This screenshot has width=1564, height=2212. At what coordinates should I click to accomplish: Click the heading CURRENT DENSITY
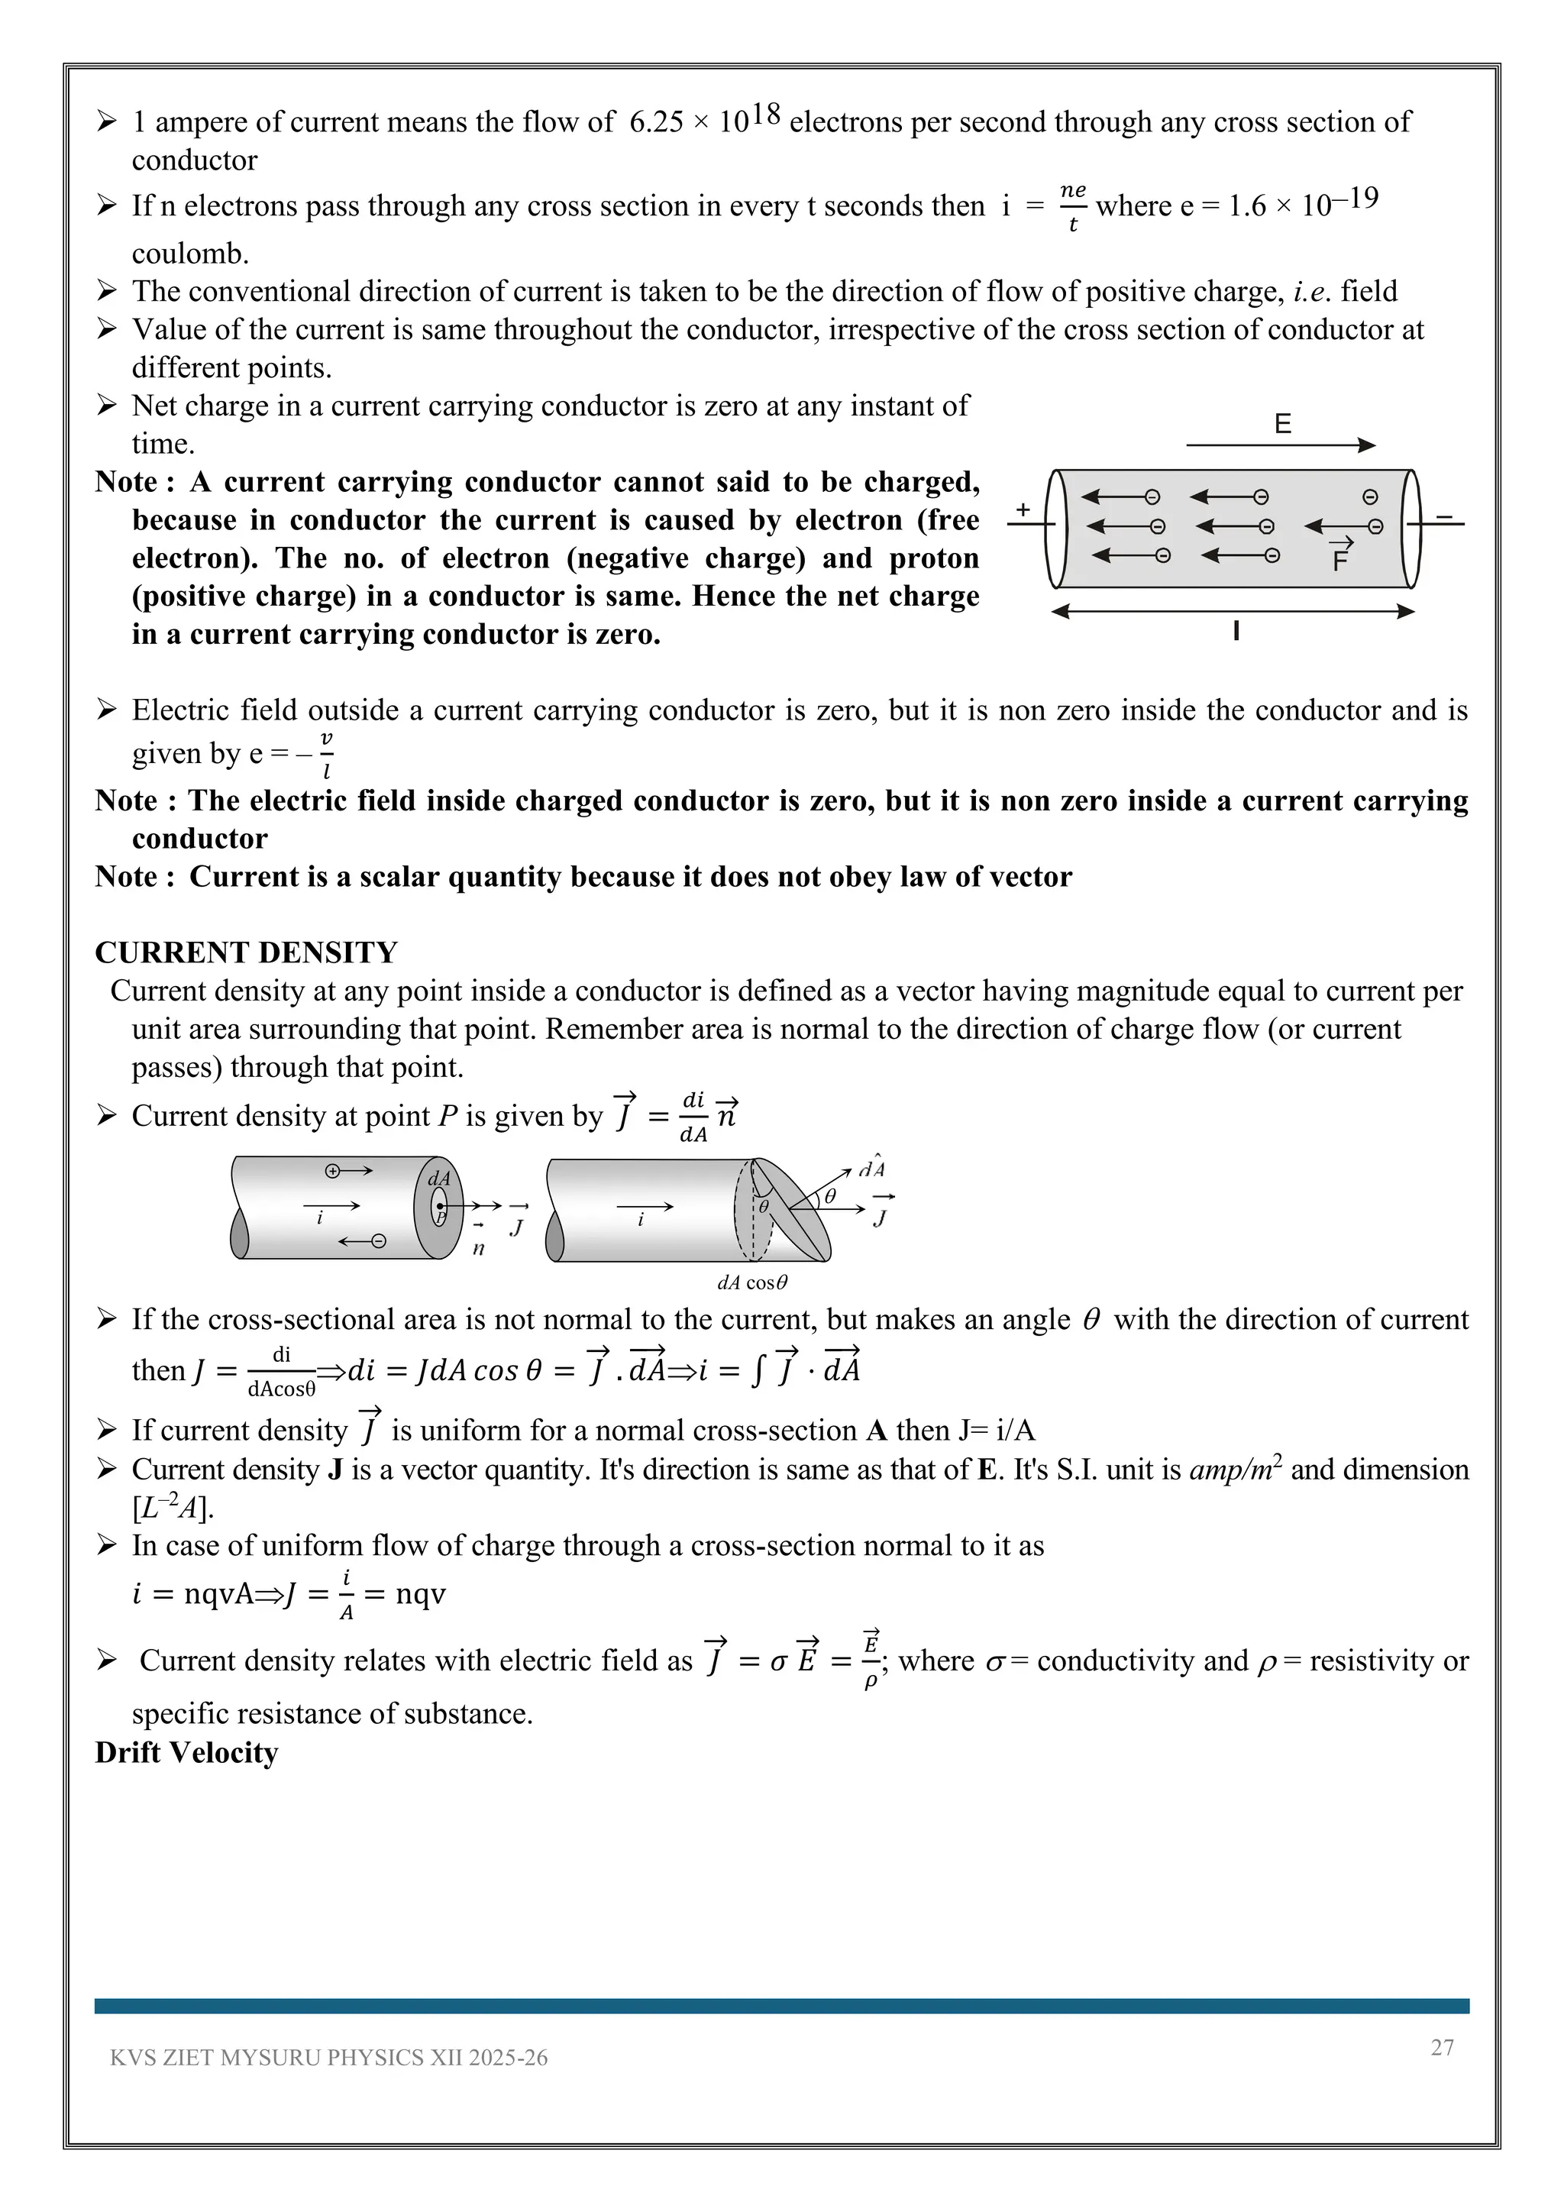point(246,952)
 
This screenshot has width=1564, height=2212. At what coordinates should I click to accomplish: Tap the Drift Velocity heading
point(186,1752)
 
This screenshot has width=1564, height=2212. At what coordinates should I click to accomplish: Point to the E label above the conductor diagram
point(1282,424)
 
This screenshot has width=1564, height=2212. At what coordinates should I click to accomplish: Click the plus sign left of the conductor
point(1023,509)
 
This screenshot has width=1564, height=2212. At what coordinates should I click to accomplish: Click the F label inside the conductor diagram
point(1339,561)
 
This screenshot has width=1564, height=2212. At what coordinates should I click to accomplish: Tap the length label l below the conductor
point(1236,632)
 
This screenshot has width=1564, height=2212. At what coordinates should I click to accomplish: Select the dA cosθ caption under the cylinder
point(752,1283)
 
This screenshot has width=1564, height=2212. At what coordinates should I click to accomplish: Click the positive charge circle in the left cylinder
point(332,1171)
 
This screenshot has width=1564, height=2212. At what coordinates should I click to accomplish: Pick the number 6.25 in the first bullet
point(656,122)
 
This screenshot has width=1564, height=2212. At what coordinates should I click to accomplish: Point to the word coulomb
point(189,254)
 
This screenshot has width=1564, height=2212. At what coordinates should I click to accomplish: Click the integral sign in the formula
point(757,1369)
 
